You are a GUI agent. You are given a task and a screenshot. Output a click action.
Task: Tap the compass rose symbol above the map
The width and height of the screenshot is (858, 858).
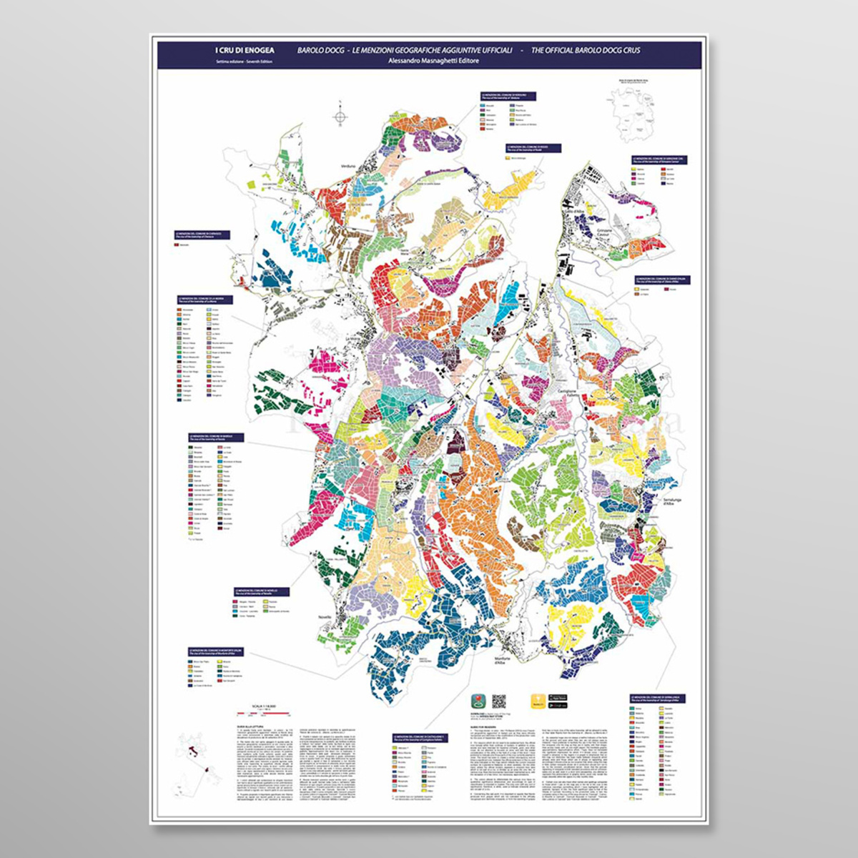[341, 116]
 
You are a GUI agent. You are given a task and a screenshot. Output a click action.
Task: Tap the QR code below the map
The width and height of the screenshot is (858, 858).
[498, 701]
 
